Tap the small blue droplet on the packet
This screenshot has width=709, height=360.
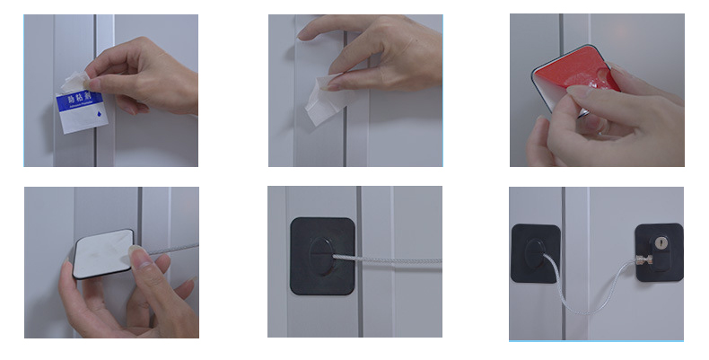(x=94, y=118)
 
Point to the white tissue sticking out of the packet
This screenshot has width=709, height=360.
(x=73, y=79)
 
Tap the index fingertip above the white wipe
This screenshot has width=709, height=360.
(x=306, y=33)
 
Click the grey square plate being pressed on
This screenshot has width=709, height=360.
(x=101, y=257)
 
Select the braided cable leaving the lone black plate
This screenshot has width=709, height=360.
(x=395, y=261)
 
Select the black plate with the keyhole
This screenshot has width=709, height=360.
(x=658, y=252)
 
